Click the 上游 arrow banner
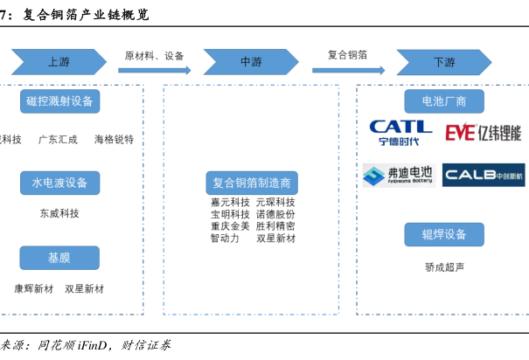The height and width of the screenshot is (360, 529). [59, 62]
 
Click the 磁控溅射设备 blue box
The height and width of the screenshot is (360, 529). [59, 101]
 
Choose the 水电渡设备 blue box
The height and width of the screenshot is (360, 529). [59, 183]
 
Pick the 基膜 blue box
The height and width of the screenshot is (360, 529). [59, 258]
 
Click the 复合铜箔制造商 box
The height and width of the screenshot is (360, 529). [252, 183]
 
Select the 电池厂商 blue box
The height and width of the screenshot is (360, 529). [443, 101]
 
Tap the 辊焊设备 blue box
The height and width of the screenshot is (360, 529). [443, 234]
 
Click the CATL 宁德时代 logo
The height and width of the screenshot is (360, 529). [400, 133]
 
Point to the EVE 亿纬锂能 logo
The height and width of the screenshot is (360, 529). [483, 133]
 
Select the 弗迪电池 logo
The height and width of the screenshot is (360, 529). [400, 175]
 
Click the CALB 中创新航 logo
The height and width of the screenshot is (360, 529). [483, 175]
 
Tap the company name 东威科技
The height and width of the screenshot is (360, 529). [59, 212]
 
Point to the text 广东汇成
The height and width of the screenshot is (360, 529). [58, 139]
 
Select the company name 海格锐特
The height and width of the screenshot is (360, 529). [114, 139]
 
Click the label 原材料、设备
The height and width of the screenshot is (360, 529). [155, 56]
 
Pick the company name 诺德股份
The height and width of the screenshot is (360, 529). [275, 214]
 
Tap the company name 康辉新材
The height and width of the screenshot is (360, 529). [34, 287]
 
